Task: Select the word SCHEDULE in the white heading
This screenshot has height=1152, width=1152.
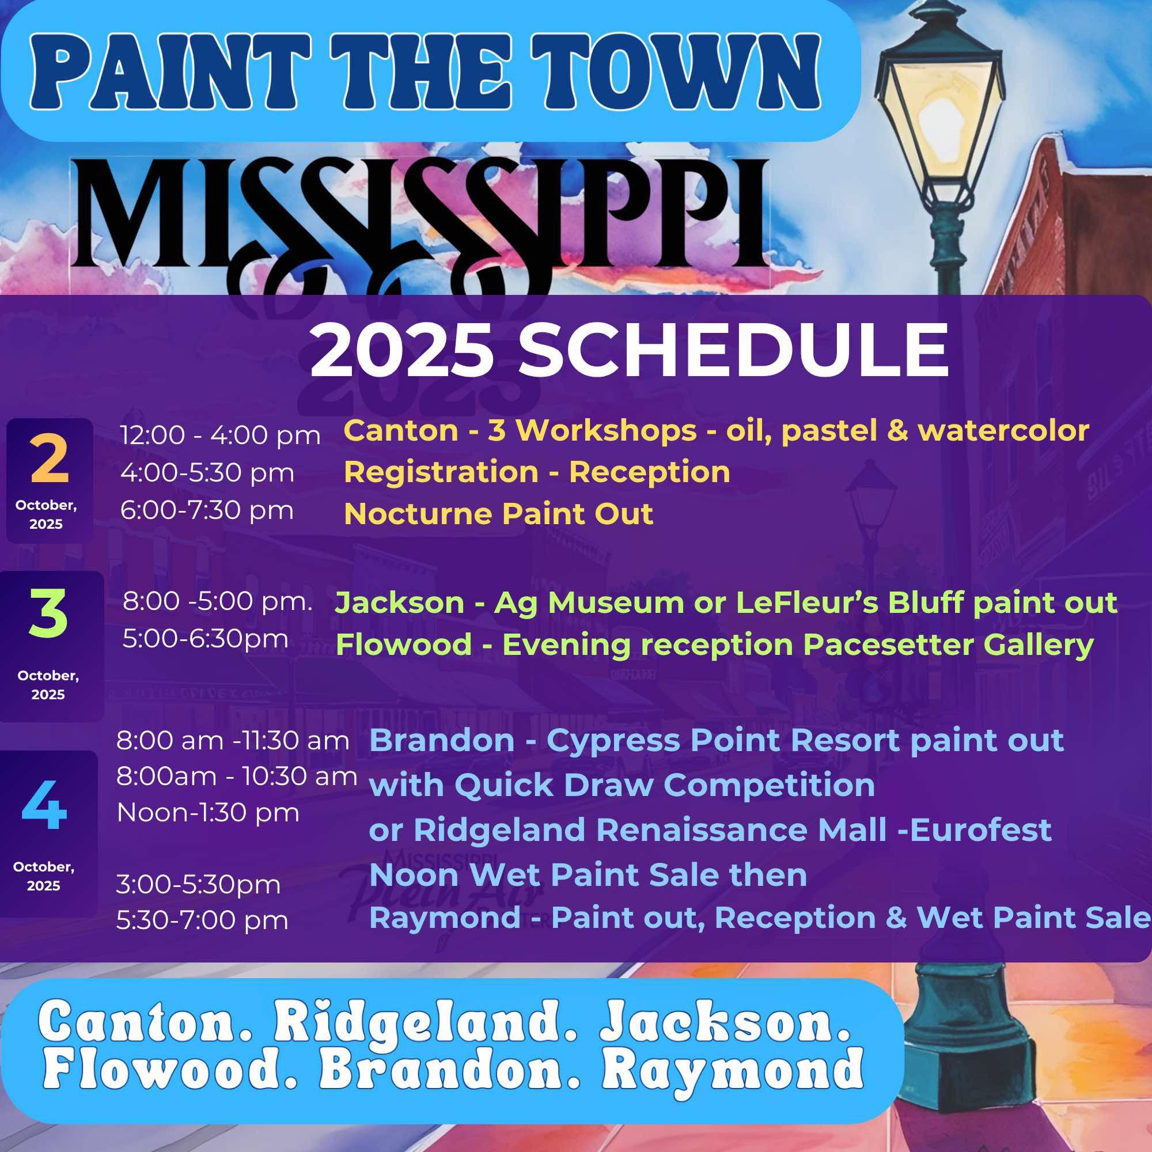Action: [x=733, y=351]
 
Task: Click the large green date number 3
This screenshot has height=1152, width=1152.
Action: [x=48, y=614]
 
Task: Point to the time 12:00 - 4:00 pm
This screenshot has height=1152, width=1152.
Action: [x=221, y=435]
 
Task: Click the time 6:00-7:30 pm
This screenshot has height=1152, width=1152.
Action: [x=207, y=510]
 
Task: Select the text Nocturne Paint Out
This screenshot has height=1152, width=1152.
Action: [x=498, y=513]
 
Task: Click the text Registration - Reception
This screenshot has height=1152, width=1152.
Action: [x=537, y=472]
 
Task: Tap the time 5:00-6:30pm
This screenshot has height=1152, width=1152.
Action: [x=206, y=639]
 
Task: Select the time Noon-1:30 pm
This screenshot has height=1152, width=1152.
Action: [x=208, y=812]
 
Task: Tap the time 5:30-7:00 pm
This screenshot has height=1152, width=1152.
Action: [x=202, y=920]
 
